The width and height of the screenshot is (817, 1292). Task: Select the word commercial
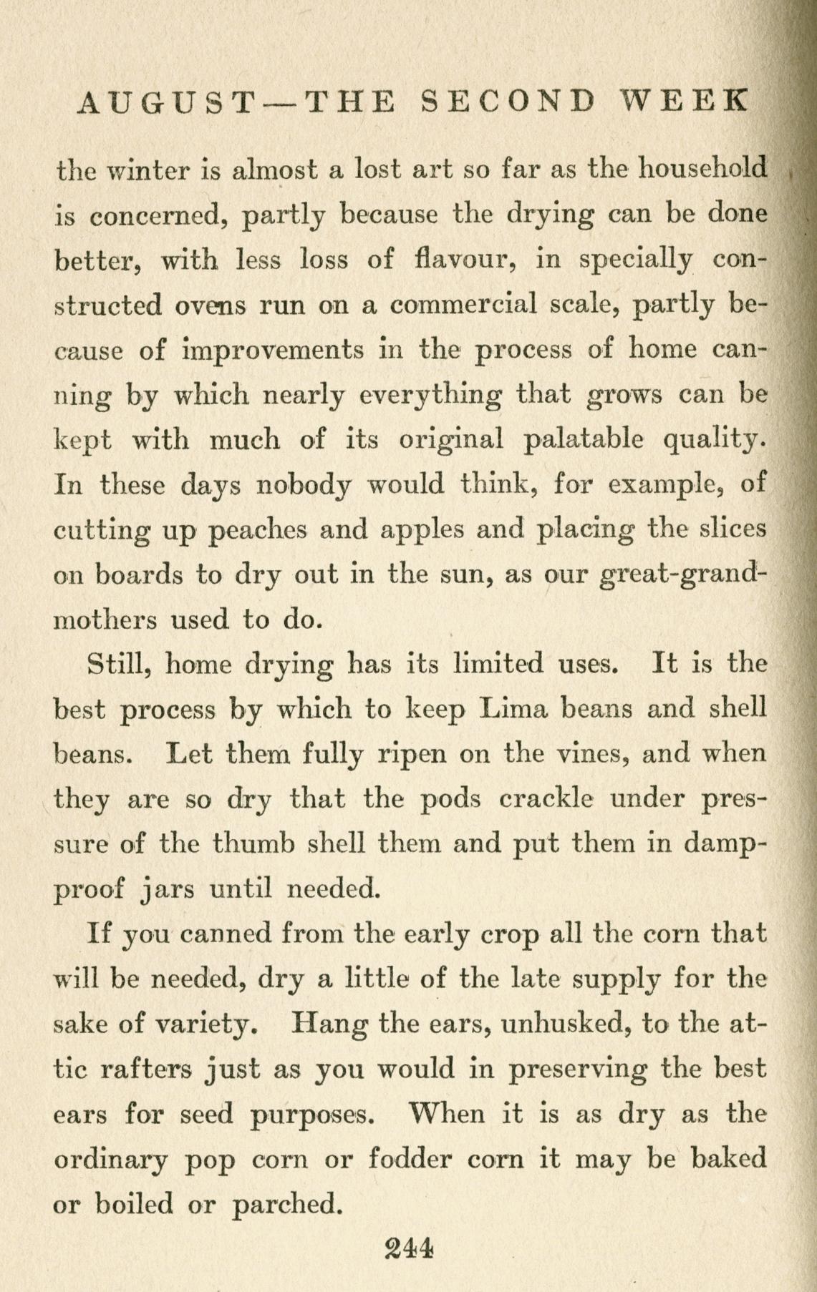click(465, 305)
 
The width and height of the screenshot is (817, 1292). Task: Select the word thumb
click(254, 844)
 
